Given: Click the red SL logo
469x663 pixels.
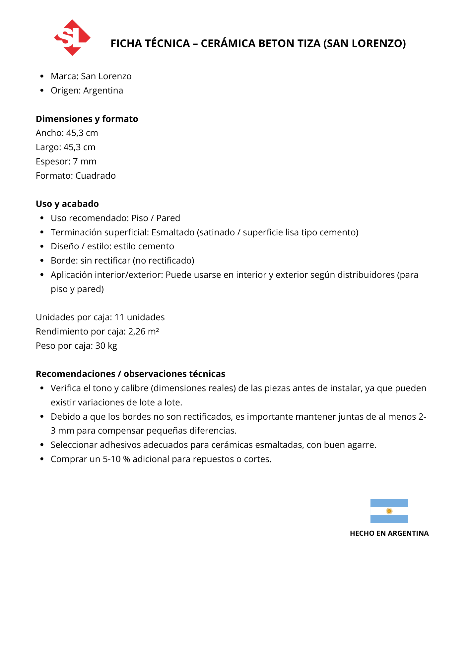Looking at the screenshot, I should coord(72,37).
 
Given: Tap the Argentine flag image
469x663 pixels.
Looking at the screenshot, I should coord(389,511).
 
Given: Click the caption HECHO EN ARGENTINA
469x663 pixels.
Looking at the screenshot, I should coord(389,533).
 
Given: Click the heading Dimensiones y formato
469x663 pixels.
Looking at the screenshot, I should coord(87,119).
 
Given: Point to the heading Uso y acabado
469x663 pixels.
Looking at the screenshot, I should coord(67,204).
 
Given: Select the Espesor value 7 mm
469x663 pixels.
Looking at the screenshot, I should coord(85,161).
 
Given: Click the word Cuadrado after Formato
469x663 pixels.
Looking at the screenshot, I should coord(96,176).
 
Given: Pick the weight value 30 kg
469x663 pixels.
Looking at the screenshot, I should coord(106,346).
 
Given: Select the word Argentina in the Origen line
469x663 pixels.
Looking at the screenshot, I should coord(103,90).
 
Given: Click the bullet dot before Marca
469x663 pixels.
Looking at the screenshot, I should coord(42,77).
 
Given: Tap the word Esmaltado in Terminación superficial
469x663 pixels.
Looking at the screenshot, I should coord(173,232).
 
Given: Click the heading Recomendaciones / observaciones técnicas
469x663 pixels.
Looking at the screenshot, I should coord(130,374).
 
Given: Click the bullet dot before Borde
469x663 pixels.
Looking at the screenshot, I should coord(42,261).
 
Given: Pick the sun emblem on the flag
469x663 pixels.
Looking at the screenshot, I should coord(389,511).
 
